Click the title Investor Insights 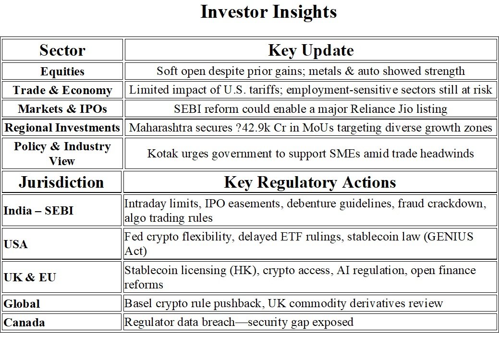[x=268, y=12]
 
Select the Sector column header [x=62, y=50]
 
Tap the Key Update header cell [x=311, y=50]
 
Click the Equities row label [x=62, y=71]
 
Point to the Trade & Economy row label [x=62, y=90]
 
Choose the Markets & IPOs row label [x=62, y=109]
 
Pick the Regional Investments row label [x=62, y=128]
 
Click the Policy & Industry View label [x=62, y=153]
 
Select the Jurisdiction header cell [x=61, y=182]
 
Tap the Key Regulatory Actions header [x=310, y=182]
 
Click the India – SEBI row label [x=38, y=211]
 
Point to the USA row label [x=15, y=244]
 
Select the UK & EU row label [x=30, y=277]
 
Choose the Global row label [x=22, y=304]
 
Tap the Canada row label [x=24, y=323]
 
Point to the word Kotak [x=162, y=154]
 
